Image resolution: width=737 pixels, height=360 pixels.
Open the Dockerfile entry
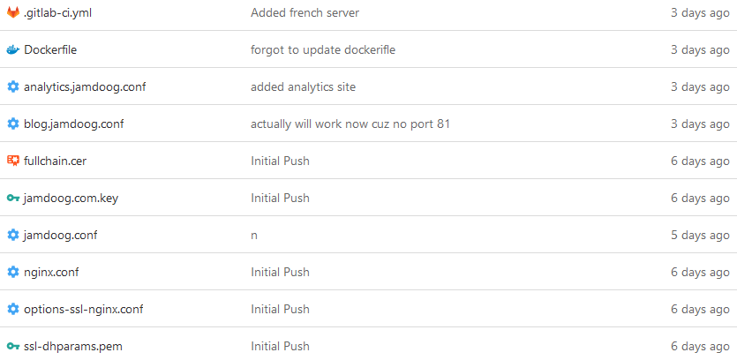50,49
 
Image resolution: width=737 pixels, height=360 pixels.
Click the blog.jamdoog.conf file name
73,124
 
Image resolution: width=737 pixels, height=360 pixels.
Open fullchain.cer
55,161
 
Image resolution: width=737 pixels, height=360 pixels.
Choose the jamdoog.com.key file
71,198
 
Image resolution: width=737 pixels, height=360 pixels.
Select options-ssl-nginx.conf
83,309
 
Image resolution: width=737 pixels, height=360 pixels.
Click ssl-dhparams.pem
72,346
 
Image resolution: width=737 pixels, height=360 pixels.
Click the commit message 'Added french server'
305,12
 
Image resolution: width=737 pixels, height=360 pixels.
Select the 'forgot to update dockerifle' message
322,49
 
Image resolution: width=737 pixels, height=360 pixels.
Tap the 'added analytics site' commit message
303,86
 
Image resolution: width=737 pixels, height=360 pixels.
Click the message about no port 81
350,124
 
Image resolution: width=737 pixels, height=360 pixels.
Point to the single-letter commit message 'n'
254,235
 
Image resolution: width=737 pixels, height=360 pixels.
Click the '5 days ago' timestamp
699,235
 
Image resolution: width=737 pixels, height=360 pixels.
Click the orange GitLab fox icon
12,12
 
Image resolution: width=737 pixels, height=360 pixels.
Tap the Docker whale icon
12,49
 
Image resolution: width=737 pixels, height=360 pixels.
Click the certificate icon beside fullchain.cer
12,161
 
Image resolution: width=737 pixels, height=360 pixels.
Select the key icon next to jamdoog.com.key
12,198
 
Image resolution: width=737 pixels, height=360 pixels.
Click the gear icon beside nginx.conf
12,272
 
